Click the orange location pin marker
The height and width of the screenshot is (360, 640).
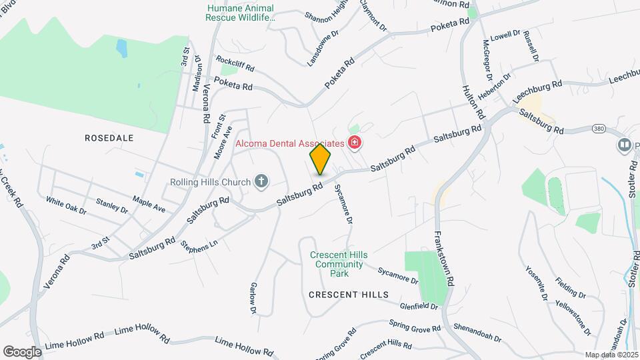[321, 160]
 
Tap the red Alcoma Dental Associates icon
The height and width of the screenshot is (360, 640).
[355, 142]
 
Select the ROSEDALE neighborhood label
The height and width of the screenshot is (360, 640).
[109, 138]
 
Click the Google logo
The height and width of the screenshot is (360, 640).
[23, 351]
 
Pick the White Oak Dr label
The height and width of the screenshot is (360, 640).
[66, 205]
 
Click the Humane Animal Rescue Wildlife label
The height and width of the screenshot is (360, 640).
[241, 13]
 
